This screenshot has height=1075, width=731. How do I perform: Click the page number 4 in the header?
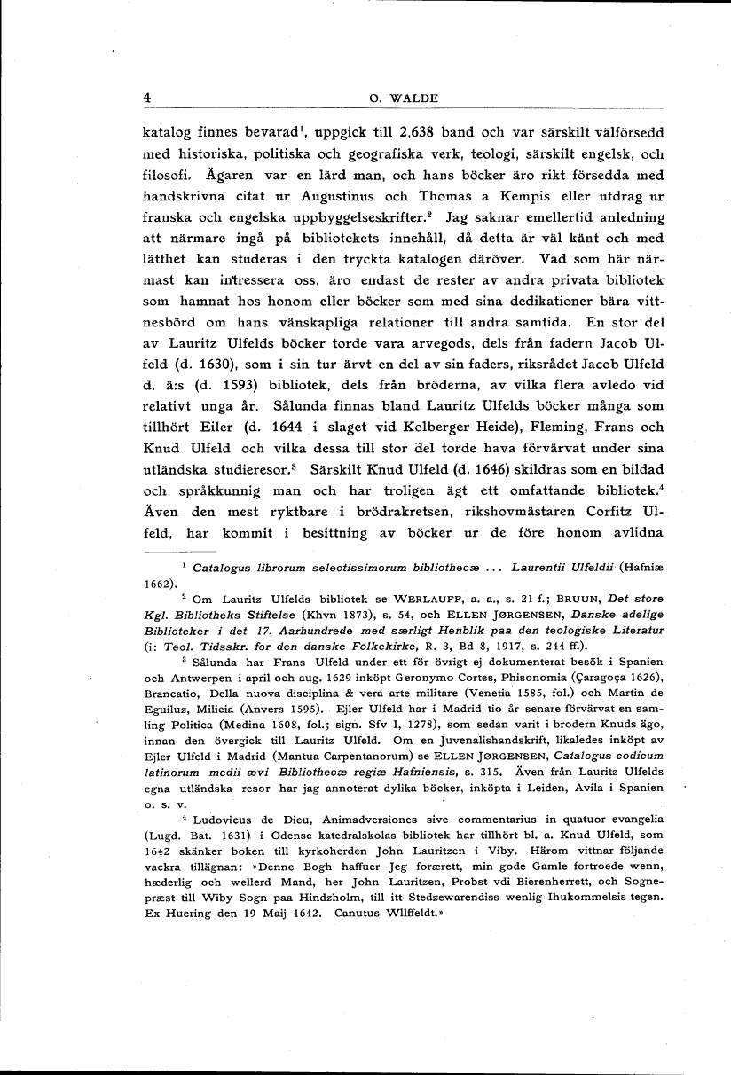147,98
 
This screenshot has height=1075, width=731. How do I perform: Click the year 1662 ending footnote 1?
159,584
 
